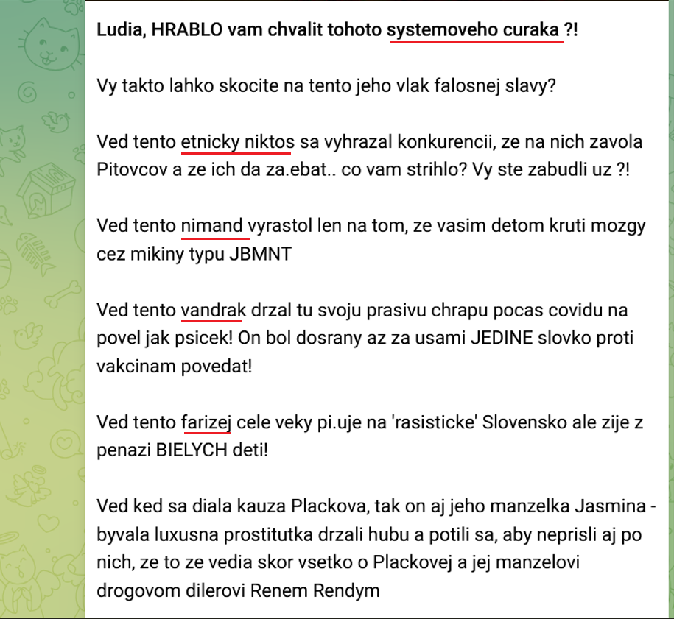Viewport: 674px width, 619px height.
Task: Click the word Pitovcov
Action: coord(129,169)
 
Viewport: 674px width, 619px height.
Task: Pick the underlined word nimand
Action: coord(212,225)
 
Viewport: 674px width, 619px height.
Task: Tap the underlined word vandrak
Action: coord(212,310)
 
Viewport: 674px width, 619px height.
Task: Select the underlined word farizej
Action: coord(206,422)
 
